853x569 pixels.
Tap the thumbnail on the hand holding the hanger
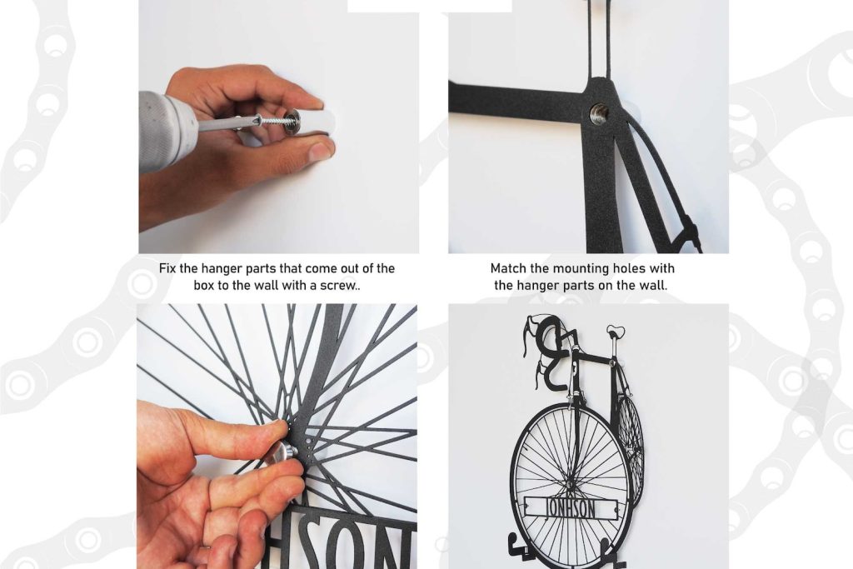click(x=321, y=151)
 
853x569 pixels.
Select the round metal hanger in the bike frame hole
click(x=599, y=113)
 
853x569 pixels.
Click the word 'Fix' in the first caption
click(x=168, y=269)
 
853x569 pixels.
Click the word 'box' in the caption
click(x=204, y=286)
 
